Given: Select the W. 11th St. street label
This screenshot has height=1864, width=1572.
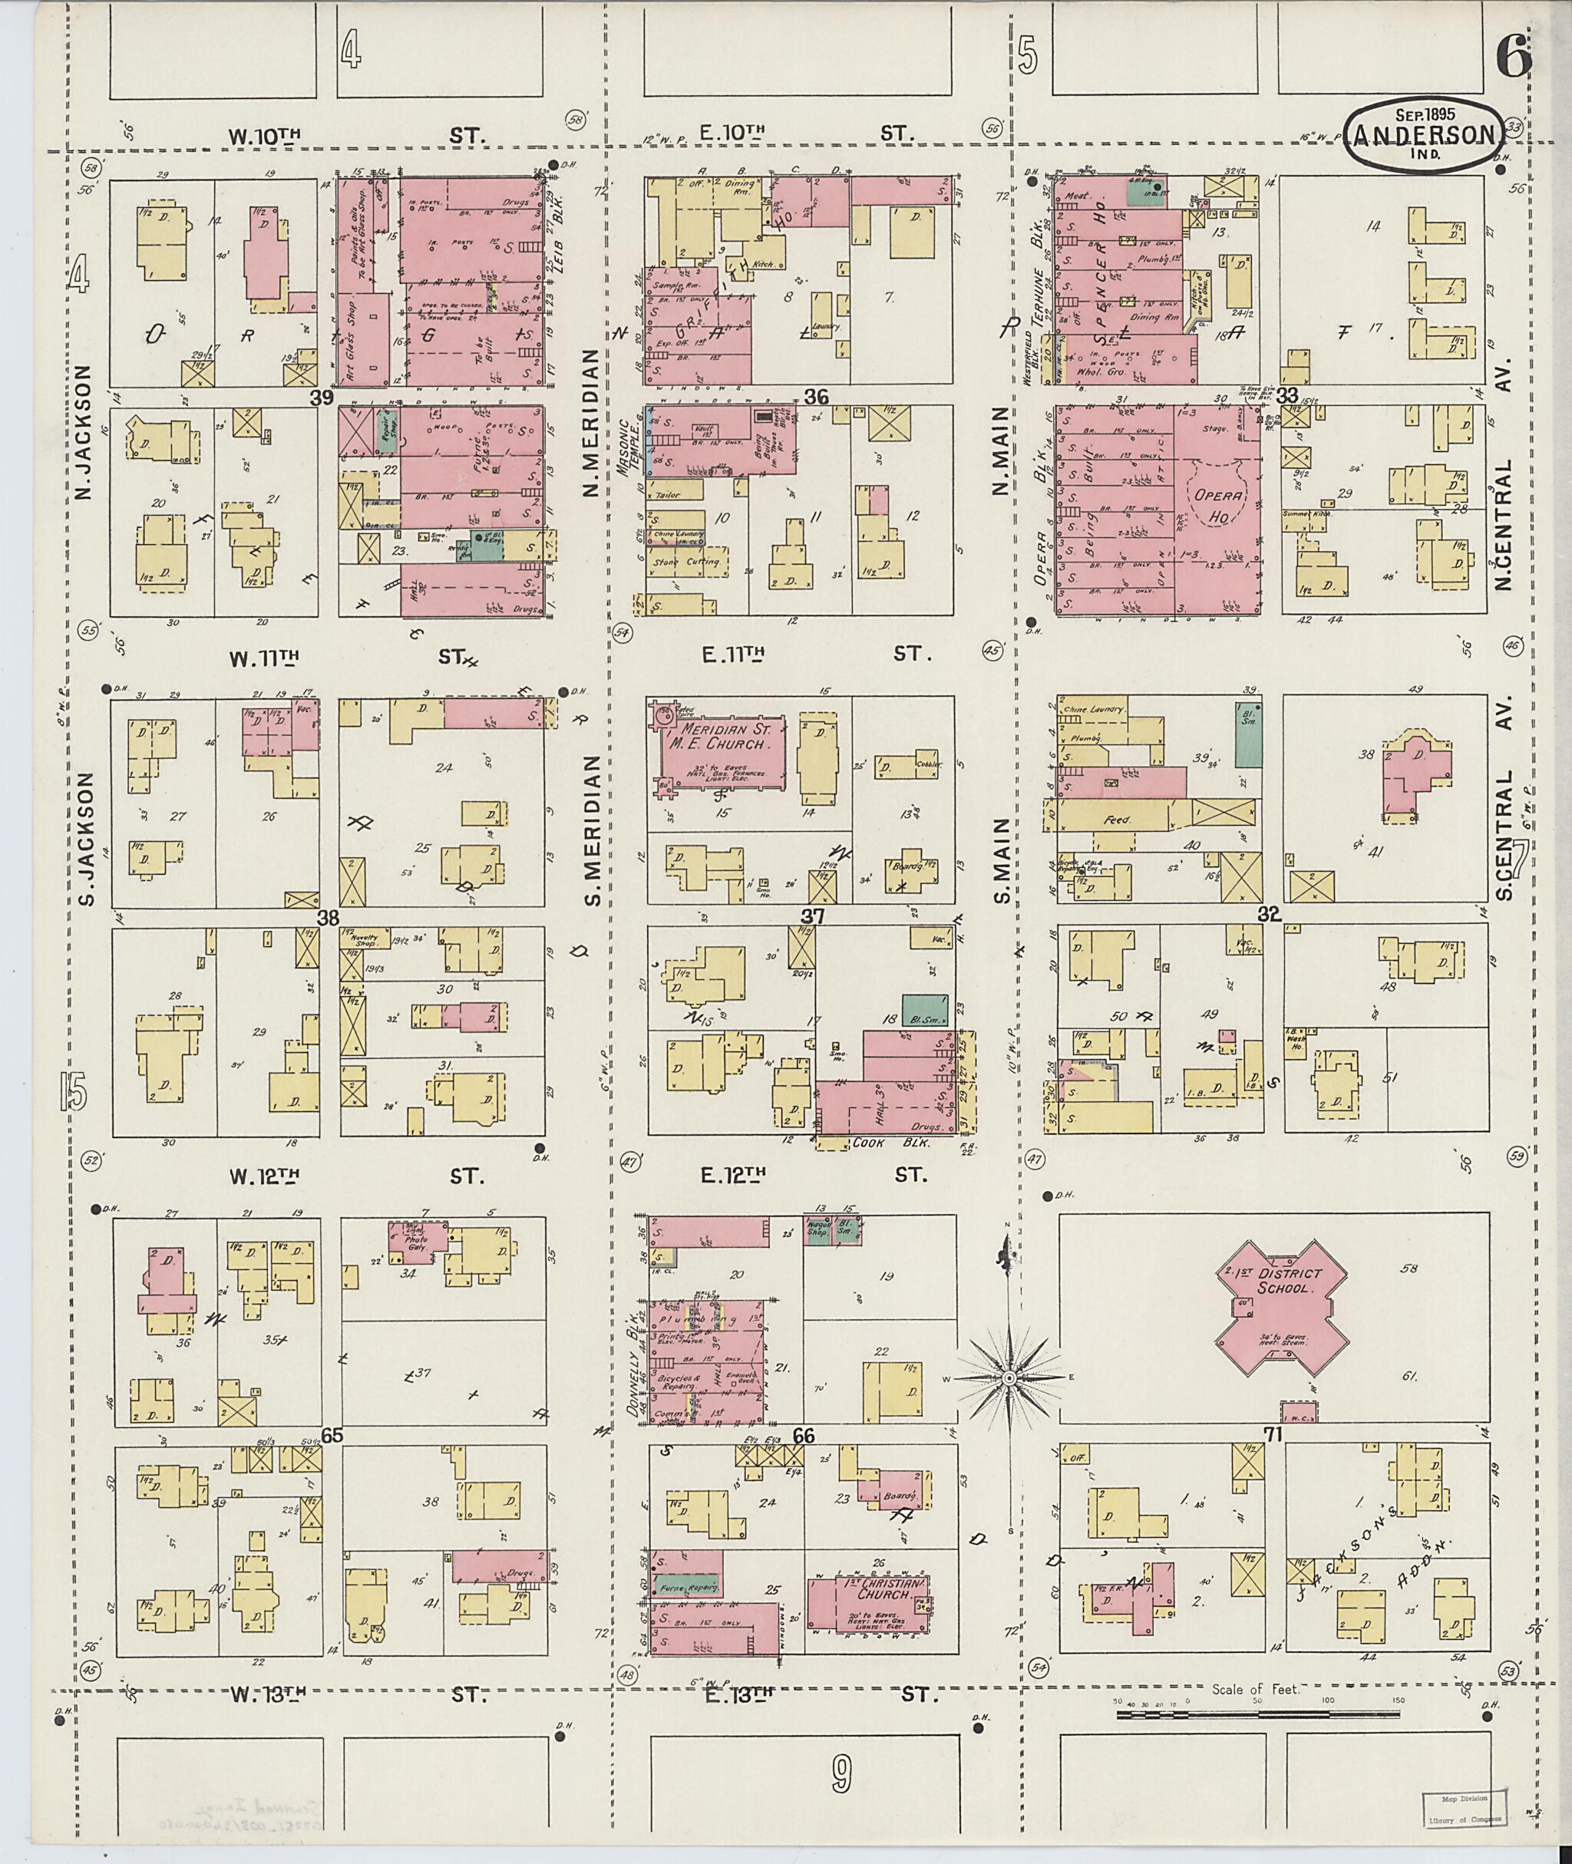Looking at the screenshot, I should (x=264, y=658).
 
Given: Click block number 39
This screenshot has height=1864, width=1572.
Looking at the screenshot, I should (x=322, y=398).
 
